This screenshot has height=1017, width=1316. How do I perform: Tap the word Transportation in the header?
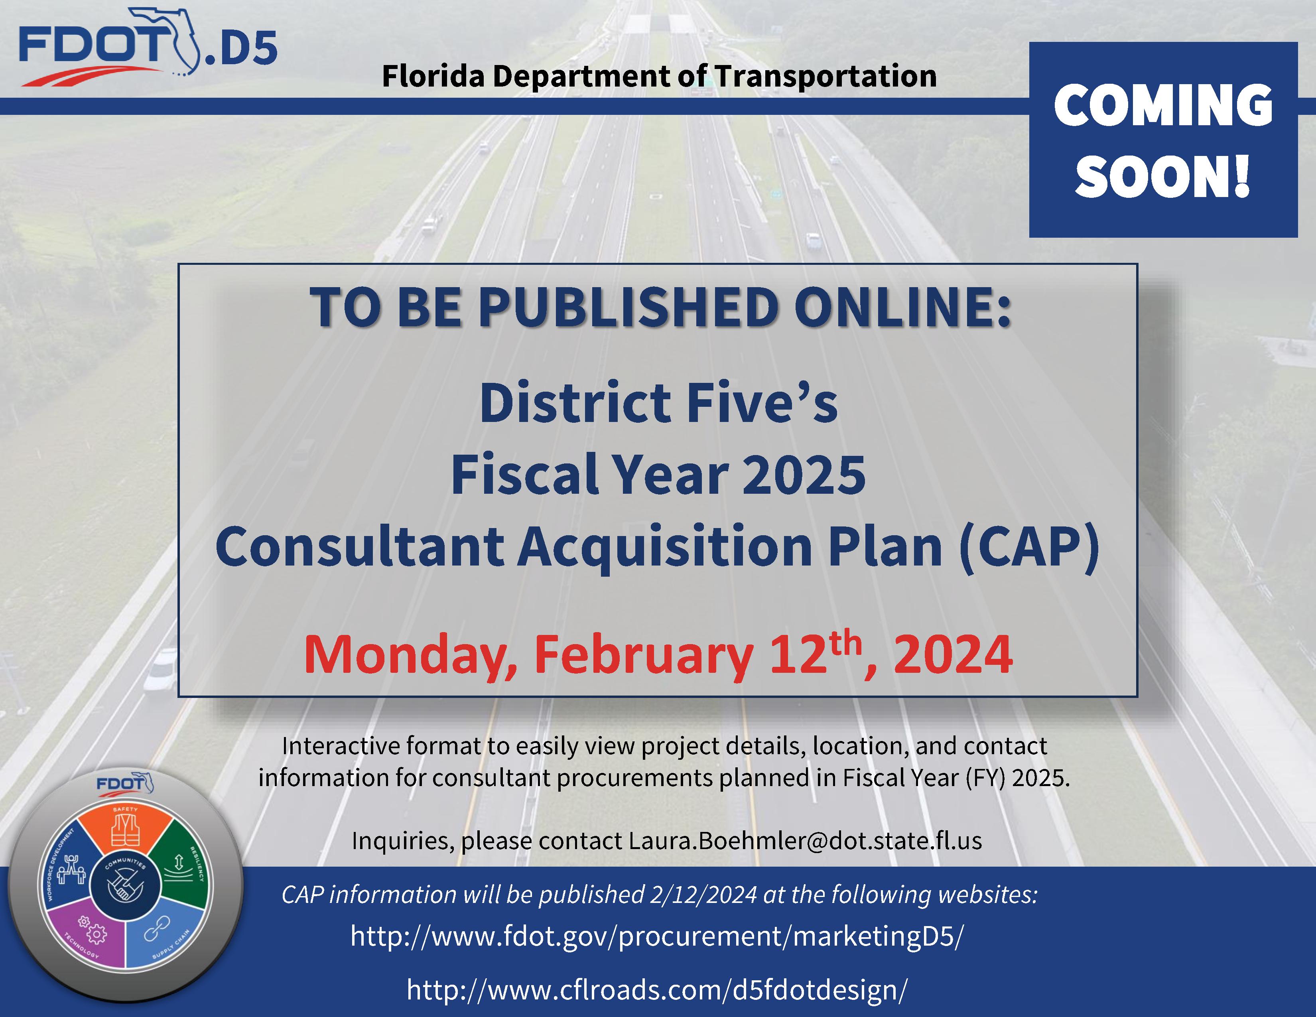click(x=825, y=77)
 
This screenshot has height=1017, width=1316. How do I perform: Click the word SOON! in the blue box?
click(x=1163, y=176)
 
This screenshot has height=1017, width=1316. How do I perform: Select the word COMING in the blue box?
click(x=1163, y=105)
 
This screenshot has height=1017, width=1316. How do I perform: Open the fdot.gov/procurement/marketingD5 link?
click(x=657, y=937)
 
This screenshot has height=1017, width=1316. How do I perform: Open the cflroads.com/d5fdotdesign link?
click(x=657, y=989)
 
